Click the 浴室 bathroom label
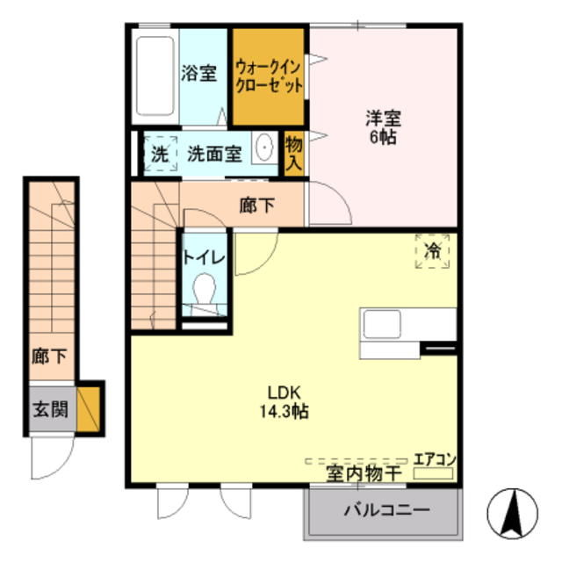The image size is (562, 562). [x=199, y=74]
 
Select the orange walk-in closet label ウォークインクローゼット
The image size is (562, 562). [x=269, y=77]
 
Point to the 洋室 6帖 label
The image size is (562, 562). [x=383, y=126]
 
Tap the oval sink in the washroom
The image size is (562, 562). [x=264, y=149]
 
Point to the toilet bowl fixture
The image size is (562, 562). [x=205, y=289]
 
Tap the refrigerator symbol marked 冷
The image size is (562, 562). [x=432, y=252]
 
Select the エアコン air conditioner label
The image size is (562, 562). [x=435, y=458]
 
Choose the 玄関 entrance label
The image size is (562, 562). [x=48, y=408]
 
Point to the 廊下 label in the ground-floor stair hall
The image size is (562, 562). [x=48, y=356]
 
